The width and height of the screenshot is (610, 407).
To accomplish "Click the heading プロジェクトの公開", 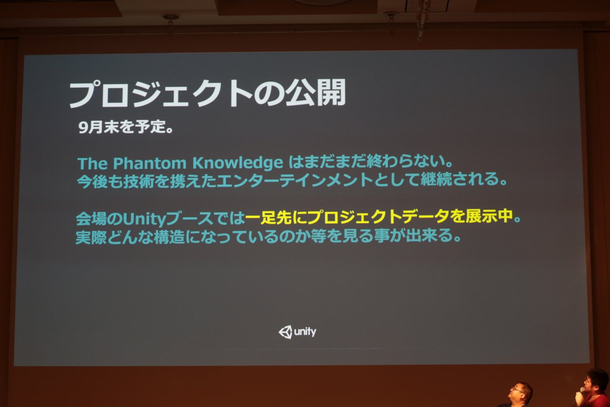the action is click(207, 94).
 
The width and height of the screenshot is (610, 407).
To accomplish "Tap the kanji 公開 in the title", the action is click(315, 93).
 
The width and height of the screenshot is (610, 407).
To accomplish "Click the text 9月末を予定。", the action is click(126, 127).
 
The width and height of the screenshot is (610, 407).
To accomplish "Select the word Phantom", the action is click(150, 163).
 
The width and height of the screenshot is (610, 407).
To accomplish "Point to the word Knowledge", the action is click(238, 164).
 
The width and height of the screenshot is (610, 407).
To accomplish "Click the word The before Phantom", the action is click(92, 163).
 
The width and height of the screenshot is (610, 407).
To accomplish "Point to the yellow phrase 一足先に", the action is click(276, 218).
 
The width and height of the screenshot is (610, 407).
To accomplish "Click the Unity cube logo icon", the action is click(285, 332).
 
